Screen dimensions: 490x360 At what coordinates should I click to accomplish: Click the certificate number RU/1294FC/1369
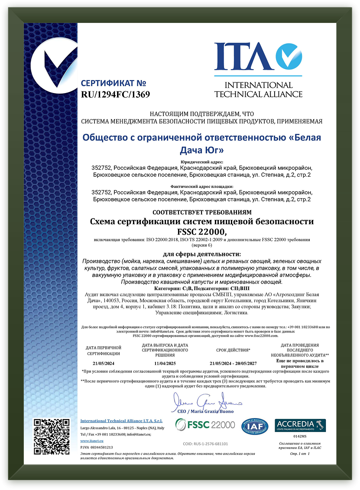pos(115,94)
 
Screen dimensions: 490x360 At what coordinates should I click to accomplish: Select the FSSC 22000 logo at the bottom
pos(206,425)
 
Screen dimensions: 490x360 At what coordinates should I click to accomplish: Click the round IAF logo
pos(255,426)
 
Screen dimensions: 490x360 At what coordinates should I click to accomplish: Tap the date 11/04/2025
pos(165,363)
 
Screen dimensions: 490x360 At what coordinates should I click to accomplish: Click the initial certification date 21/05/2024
pos(104,363)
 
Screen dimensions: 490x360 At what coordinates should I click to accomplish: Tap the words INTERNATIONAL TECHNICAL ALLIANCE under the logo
pos(258,90)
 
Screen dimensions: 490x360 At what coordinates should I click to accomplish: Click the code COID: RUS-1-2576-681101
pos(206,444)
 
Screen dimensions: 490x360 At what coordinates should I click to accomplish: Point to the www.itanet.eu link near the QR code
pos(88,440)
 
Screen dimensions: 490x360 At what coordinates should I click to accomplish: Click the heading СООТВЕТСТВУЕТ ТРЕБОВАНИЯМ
pos(202,213)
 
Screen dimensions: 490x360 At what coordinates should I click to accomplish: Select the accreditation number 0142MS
pos(300,437)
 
